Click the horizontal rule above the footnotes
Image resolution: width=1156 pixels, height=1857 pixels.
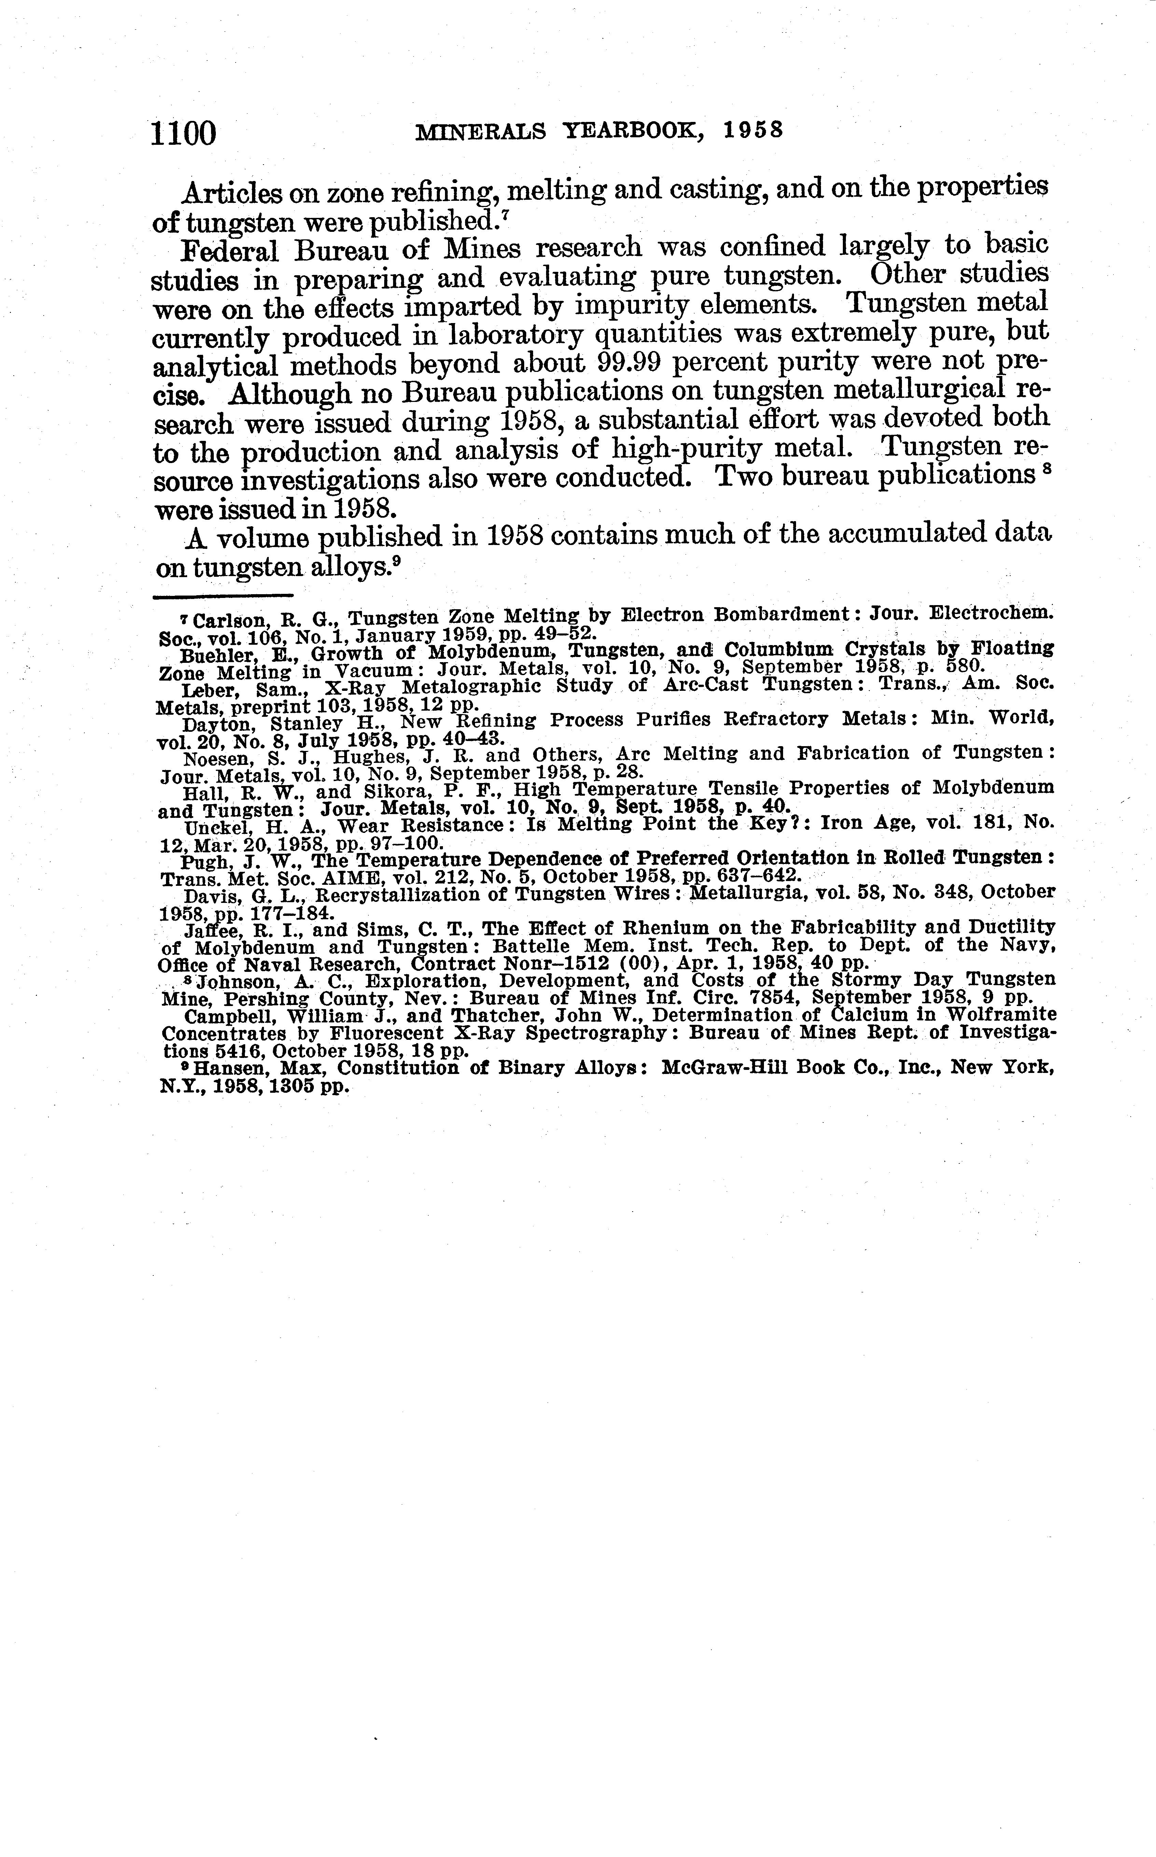(223, 596)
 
